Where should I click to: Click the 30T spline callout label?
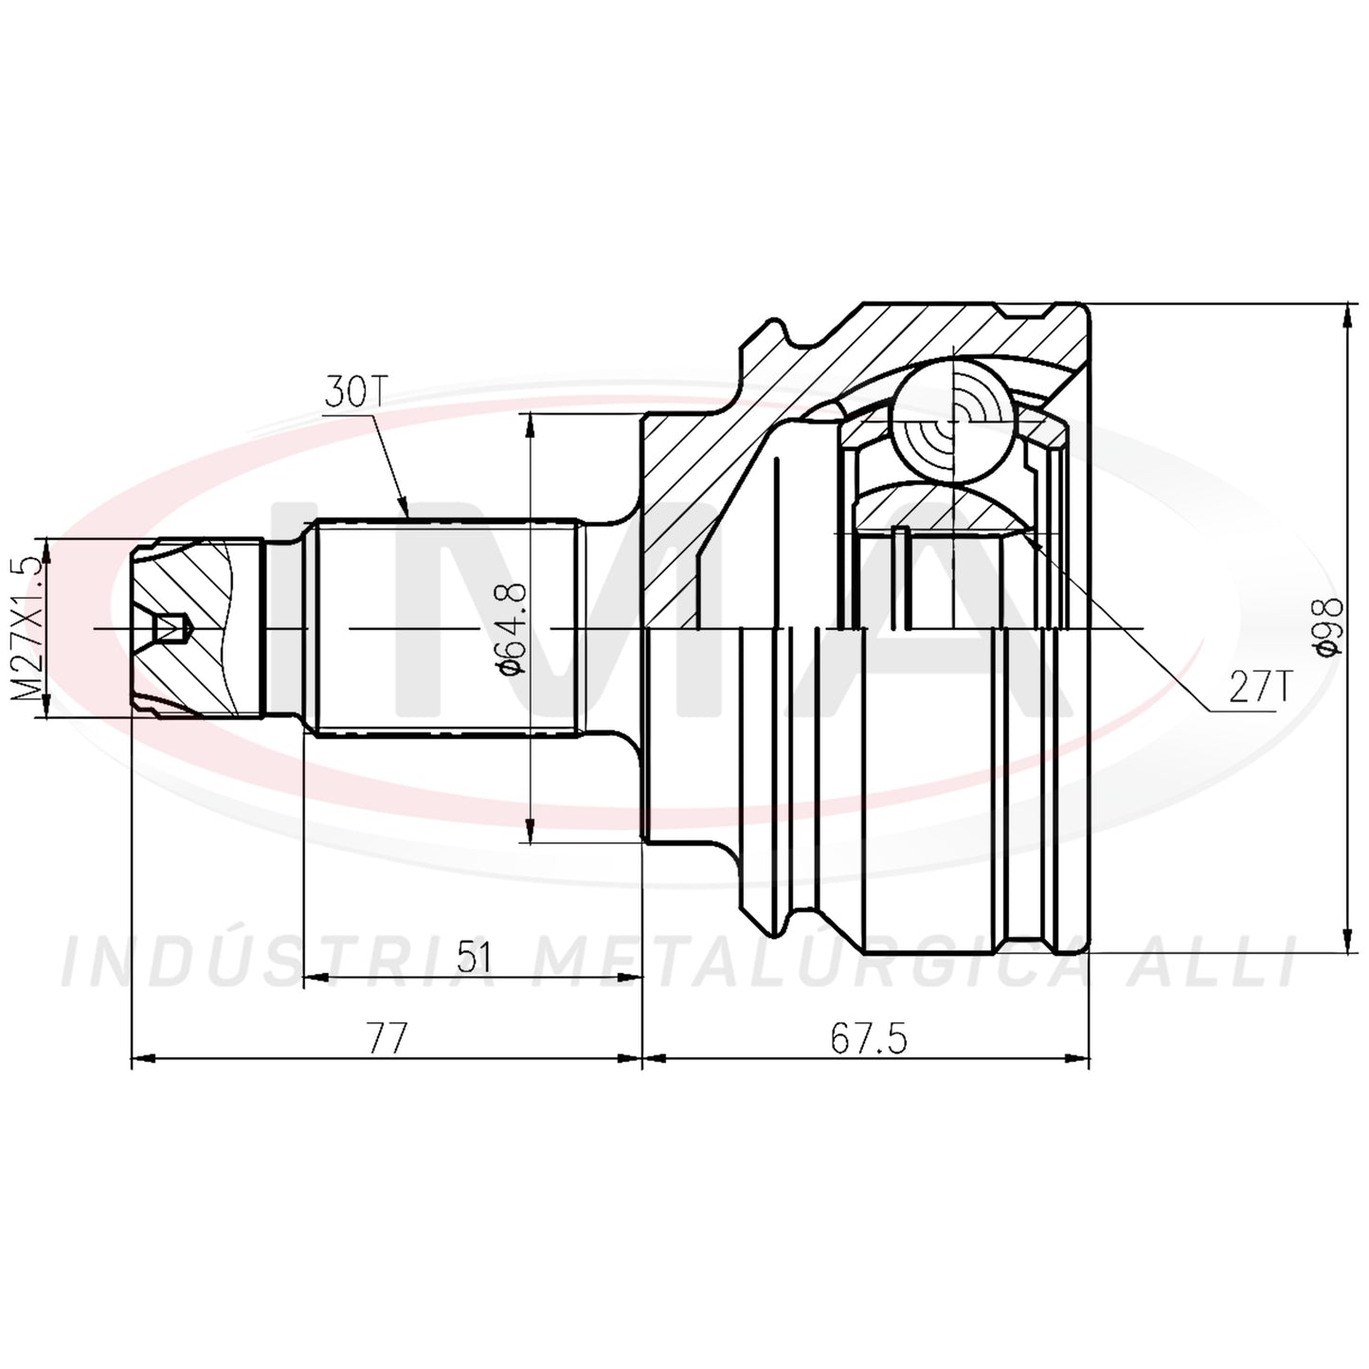coord(353,390)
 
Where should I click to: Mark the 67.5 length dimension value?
coord(868,1038)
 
